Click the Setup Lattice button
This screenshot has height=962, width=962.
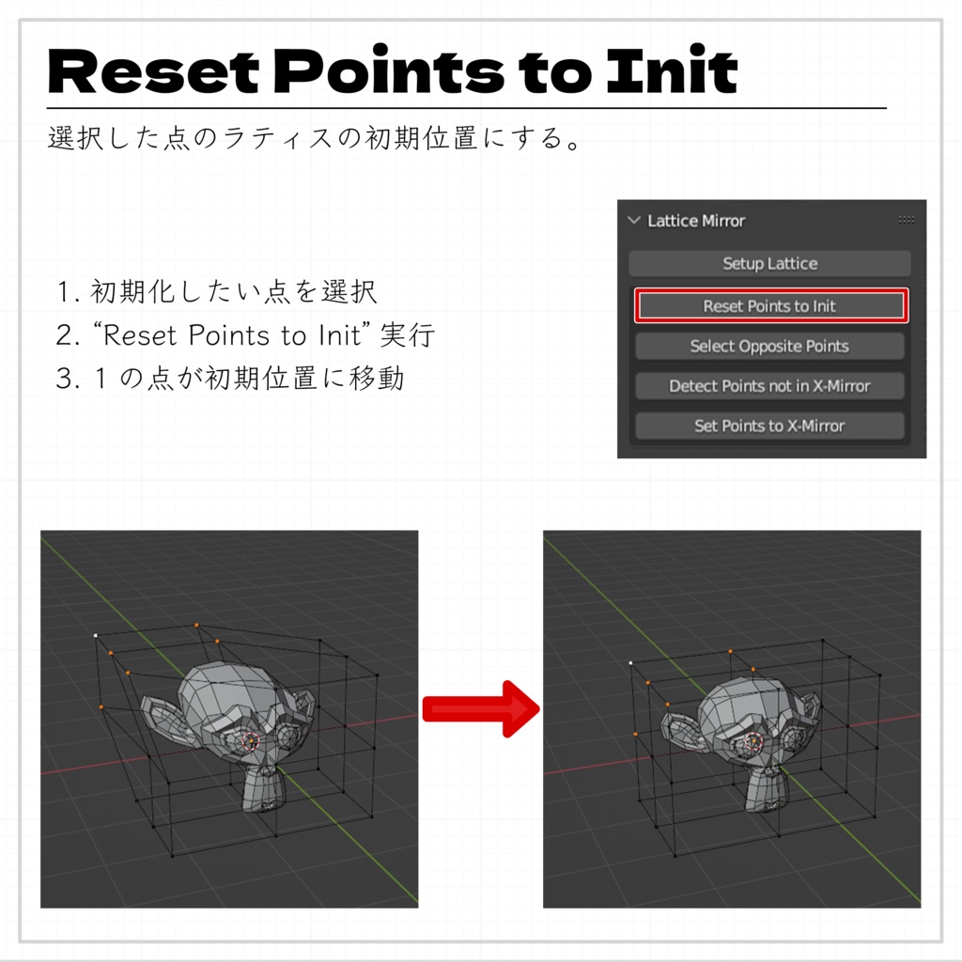[769, 264]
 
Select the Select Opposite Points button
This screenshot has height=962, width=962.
[769, 347]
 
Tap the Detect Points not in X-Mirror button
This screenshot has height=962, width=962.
[769, 386]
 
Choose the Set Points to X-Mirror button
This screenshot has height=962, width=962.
[769, 426]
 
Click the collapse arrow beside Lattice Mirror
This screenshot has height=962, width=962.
[633, 221]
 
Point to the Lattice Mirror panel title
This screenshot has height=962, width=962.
[696, 221]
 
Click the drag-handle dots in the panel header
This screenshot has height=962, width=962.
[906, 220]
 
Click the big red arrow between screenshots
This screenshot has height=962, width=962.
[480, 710]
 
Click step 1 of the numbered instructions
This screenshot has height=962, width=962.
[217, 292]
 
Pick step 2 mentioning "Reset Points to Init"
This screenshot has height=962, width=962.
[245, 335]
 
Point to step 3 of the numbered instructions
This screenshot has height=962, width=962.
[230, 379]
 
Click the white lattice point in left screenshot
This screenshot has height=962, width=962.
[96, 636]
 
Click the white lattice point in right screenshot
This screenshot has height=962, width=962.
[630, 663]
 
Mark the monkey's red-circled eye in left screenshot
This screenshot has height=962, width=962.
[250, 741]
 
